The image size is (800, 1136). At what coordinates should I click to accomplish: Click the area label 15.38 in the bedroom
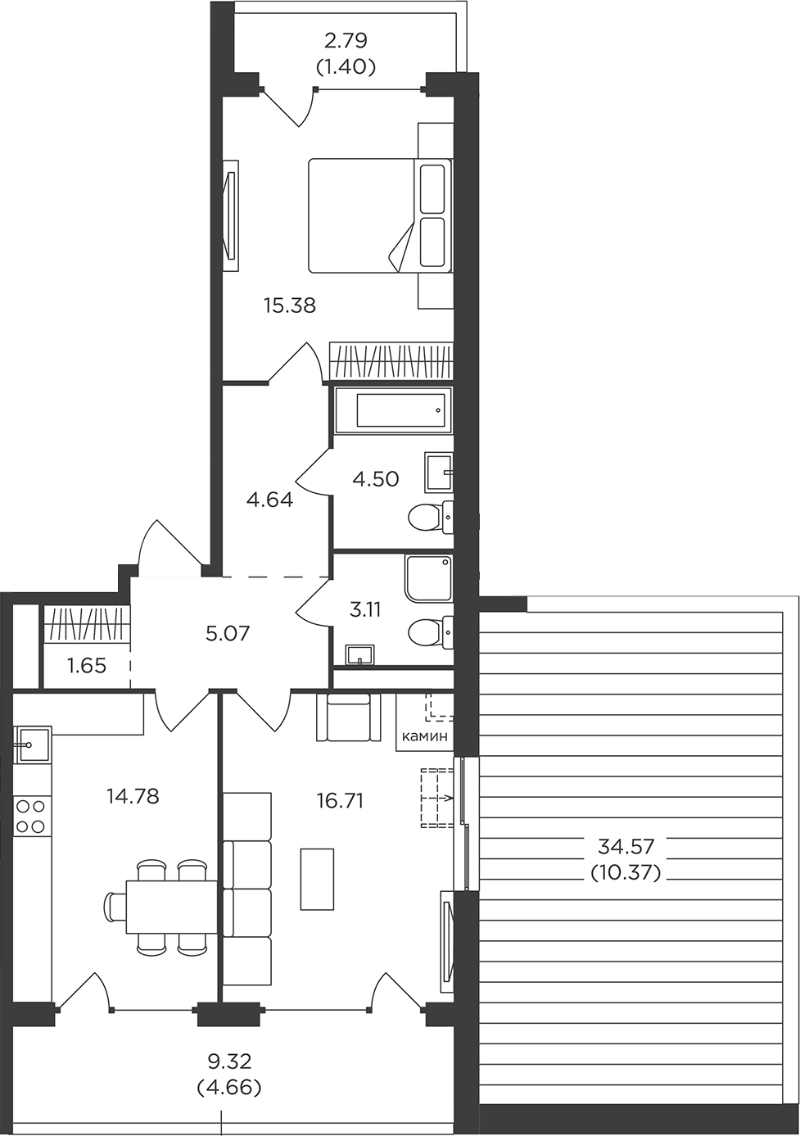coord(290,305)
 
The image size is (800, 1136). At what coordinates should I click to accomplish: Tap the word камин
coord(425,736)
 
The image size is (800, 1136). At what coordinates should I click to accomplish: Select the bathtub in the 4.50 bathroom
coord(393,411)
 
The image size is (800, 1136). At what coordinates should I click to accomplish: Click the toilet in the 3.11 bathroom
coord(431,632)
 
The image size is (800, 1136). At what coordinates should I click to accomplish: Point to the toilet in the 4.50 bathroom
coord(431,518)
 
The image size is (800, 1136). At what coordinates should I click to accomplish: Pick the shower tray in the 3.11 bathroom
coord(428,579)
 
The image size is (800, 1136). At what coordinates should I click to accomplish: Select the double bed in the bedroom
coord(380,215)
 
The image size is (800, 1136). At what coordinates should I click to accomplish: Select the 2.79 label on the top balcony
coord(346,40)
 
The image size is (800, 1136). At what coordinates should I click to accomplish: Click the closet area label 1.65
coord(87,665)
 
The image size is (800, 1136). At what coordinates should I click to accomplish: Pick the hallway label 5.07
coord(228,633)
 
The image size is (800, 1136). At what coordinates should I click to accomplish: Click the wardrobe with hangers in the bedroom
coord(391,361)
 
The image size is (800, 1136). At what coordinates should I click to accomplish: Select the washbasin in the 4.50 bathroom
coord(439,472)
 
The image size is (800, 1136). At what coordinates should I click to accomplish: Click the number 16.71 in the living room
coord(340,801)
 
